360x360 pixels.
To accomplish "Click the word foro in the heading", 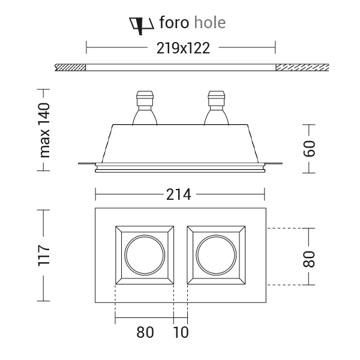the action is click(174, 23).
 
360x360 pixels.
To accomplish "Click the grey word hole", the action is click(210, 23).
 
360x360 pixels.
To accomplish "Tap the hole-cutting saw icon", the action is click(141, 26).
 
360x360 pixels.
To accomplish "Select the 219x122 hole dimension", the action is click(183, 49).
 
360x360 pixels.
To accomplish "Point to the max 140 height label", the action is click(44, 130).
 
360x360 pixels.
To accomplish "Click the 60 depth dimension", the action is click(309, 148).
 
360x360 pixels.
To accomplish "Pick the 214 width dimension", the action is click(179, 194).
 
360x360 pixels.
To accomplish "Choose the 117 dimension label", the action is click(44, 256).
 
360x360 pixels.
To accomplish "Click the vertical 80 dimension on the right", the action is click(309, 259).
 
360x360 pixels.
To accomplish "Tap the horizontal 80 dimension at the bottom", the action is click(145, 332).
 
